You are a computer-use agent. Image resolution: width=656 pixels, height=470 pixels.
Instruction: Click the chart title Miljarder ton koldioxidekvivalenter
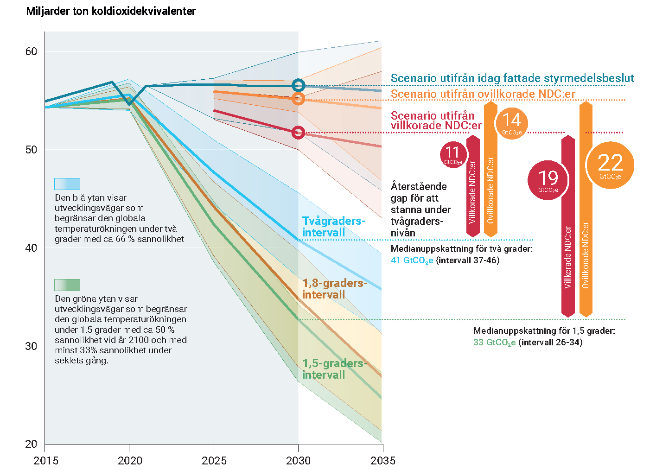tap(111, 11)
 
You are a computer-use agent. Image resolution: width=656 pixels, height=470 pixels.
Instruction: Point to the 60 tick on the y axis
tap(31, 51)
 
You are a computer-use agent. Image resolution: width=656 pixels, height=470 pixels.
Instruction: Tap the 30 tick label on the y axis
tap(31, 346)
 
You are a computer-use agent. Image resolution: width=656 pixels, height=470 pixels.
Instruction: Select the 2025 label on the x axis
tap(214, 460)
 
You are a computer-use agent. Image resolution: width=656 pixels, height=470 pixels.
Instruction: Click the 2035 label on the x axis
tap(383, 460)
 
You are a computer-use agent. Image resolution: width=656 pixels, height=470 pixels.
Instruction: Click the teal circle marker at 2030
tap(299, 85)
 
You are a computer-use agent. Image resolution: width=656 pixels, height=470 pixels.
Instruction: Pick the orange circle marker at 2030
tap(299, 98)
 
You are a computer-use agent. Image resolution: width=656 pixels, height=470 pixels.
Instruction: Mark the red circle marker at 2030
tap(299, 133)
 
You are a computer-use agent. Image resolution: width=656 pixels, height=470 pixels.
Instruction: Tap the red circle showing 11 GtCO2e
tap(453, 154)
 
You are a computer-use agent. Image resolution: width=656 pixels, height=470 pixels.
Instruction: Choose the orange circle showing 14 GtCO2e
tap(512, 123)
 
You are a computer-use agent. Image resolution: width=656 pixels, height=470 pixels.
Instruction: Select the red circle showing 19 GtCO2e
tap(548, 180)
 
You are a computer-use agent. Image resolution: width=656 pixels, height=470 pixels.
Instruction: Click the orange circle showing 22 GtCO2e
tap(610, 165)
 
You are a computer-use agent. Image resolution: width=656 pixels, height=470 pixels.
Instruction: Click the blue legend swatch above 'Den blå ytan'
tap(67, 184)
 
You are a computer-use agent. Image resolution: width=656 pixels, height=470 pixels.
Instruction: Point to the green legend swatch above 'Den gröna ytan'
tap(67, 285)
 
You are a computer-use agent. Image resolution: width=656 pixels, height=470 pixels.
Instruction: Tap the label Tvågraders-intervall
tap(333, 227)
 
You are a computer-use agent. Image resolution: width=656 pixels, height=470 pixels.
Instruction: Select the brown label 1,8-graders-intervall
tap(334, 289)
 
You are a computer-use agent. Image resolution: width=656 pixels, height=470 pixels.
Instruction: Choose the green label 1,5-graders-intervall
tap(334, 369)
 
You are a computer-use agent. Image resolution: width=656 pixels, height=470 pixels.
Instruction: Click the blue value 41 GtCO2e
tap(412, 260)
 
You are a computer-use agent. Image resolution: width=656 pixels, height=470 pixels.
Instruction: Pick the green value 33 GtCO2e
tap(494, 343)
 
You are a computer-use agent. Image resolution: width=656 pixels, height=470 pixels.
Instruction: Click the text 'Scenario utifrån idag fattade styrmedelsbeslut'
tap(512, 78)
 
